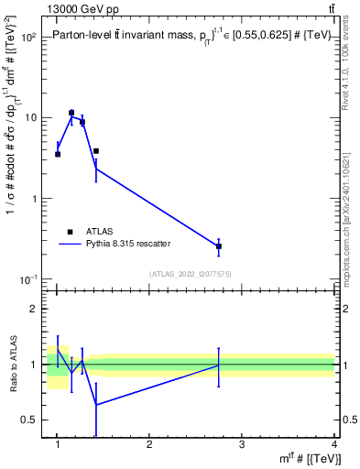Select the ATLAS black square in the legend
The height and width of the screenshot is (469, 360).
(x=69, y=232)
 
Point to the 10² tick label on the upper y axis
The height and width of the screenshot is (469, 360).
(x=28, y=38)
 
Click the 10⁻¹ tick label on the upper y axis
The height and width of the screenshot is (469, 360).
(x=28, y=278)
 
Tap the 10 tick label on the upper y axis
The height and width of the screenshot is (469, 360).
(x=30, y=118)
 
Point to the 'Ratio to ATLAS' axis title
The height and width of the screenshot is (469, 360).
(x=14, y=364)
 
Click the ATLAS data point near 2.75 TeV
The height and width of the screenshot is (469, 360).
(x=219, y=246)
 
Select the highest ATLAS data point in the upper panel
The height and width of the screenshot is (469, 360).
(x=71, y=113)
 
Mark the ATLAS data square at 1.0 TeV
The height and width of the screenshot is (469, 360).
(x=58, y=154)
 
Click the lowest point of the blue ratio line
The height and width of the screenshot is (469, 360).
(x=96, y=404)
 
